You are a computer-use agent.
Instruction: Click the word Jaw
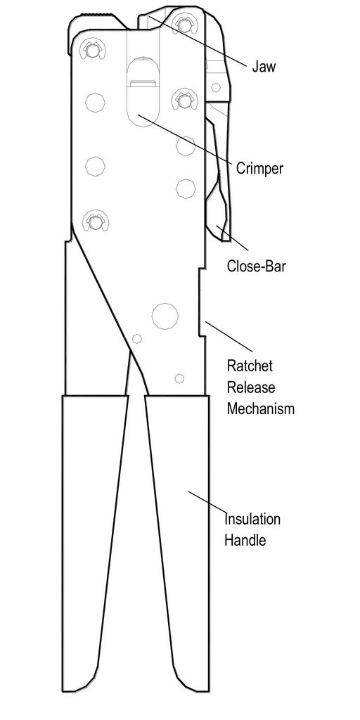264,67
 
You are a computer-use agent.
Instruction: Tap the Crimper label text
259,169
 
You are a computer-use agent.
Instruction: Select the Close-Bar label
256,266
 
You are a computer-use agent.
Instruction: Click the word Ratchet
250,366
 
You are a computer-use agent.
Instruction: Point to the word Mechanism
260,409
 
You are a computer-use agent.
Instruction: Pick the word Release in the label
251,387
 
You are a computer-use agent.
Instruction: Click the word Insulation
252,520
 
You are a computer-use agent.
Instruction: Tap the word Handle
245,540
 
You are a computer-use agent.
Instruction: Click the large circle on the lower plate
165,316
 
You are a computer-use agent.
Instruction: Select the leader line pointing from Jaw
197,41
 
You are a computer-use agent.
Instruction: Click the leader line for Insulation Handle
207,502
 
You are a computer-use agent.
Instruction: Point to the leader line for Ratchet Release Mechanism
229,337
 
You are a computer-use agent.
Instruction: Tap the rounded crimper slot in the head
143,92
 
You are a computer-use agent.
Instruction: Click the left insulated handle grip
95,544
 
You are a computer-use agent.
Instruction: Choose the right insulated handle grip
177,544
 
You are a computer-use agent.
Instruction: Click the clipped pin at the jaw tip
185,23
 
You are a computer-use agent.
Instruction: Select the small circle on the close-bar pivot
215,87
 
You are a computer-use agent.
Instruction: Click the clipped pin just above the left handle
95,221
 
